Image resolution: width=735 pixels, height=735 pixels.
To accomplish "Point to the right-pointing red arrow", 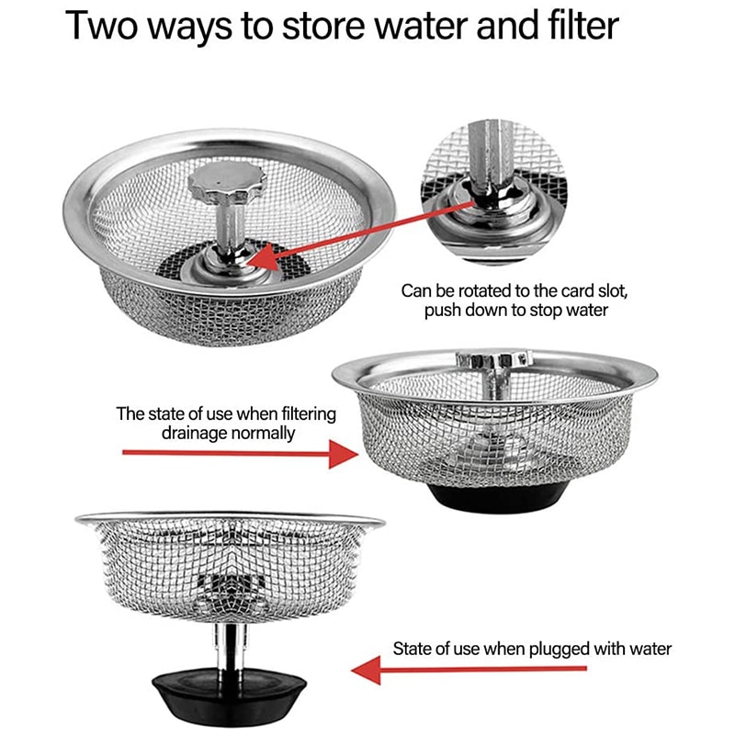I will coord(239,452).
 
